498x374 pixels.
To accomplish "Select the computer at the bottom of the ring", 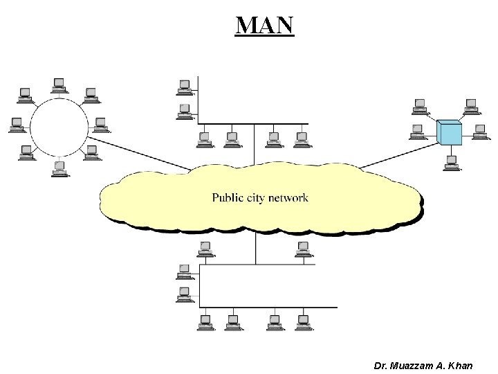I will coord(59,168).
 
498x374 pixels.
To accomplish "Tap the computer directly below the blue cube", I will coord(451,163).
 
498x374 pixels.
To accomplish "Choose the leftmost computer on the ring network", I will coord(17,125).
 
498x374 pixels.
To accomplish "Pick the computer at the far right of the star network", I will coord(480,130).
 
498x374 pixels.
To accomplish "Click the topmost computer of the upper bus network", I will coord(185,86).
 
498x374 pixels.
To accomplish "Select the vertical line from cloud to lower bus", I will coord(255,248).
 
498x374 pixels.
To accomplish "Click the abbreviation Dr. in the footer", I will coord(380,364).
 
